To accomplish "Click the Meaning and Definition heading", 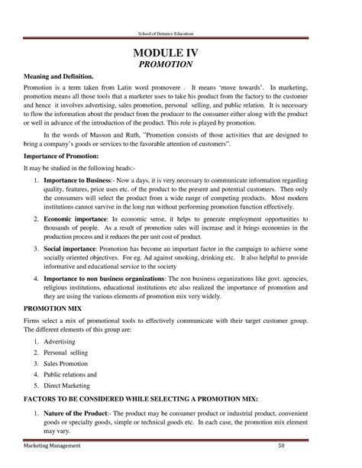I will [x=58, y=79].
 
